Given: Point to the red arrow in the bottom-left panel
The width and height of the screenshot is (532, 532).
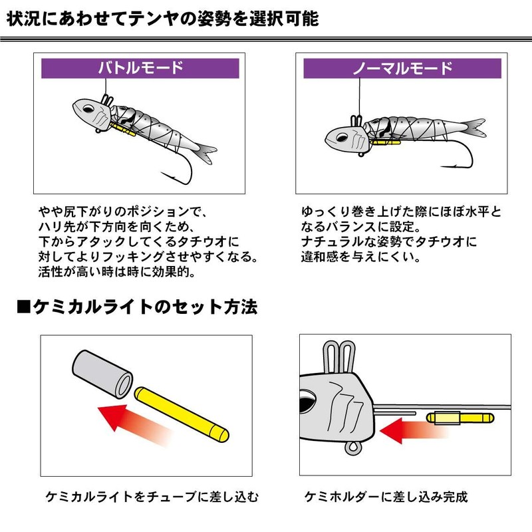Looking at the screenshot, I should [130, 418].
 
